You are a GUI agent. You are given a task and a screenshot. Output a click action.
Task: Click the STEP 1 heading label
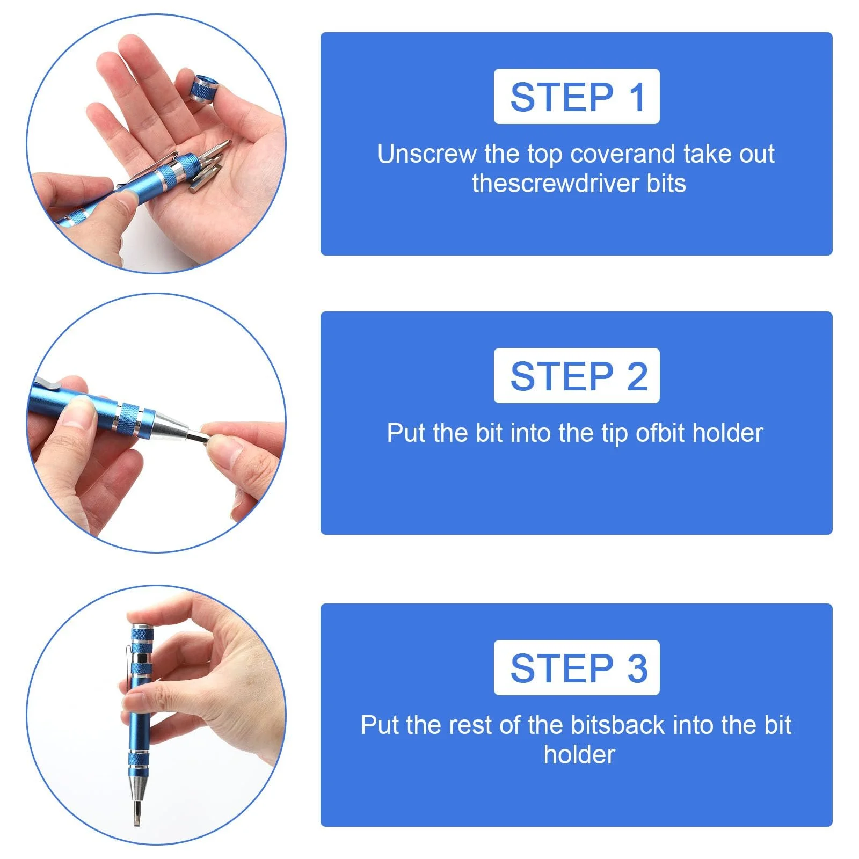(577, 97)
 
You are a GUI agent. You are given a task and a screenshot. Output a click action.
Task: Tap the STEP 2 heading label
(577, 375)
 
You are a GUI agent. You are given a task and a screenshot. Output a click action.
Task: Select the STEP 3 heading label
(577, 667)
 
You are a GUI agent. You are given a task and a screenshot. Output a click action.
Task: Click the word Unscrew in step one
(427, 154)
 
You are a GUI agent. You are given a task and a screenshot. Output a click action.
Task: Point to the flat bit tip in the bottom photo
(136, 812)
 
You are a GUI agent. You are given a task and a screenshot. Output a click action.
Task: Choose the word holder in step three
(579, 754)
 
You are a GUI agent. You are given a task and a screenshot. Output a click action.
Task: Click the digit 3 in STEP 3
(637, 668)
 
